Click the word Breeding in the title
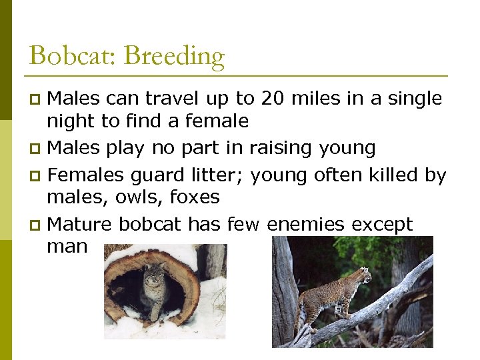175,57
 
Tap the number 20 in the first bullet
273,99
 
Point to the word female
218,121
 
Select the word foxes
195,197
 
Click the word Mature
79,224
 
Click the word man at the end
67,247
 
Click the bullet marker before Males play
37,148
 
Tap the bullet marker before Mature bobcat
37,225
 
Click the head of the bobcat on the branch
363,274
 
